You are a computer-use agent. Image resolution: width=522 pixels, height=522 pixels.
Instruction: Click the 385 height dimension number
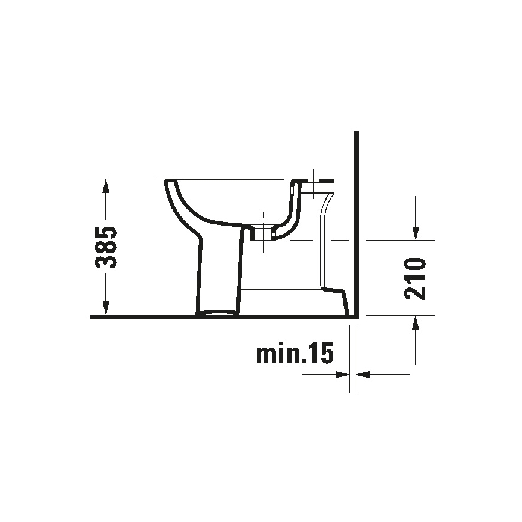(x=106, y=247)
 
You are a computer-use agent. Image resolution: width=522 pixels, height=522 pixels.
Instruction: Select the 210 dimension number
(x=415, y=278)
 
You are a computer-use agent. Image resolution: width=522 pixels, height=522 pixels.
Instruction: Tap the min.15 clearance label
(x=294, y=355)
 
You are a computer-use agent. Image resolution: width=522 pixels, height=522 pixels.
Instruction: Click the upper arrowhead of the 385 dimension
(x=106, y=185)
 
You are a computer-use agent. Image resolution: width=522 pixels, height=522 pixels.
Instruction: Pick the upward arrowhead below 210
(x=415, y=324)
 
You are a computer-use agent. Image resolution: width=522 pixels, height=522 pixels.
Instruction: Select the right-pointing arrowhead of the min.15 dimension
(x=343, y=374)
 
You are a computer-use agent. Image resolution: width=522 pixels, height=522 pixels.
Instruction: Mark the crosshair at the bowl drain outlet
(x=263, y=231)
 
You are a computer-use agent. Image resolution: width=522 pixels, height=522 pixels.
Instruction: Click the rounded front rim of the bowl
(x=169, y=183)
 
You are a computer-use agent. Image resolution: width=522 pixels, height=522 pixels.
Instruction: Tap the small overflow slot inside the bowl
(x=292, y=191)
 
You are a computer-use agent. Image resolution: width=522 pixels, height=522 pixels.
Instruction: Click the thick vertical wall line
(x=357, y=223)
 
